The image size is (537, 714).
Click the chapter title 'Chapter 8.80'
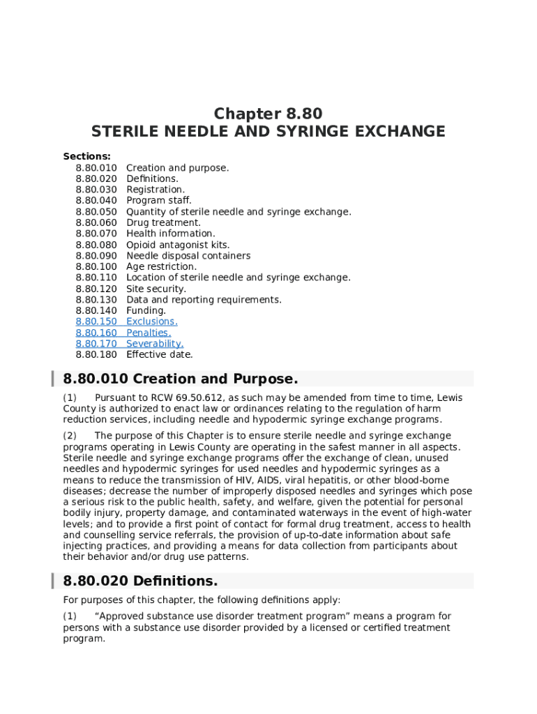click(268, 114)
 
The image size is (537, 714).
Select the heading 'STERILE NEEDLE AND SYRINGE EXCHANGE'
click(268, 131)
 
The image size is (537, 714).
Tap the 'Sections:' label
click(86, 157)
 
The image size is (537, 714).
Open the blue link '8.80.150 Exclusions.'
click(126, 321)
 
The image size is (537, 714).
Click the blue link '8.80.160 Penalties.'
click(123, 333)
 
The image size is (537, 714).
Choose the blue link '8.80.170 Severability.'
click(129, 344)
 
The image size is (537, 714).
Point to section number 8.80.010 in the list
click(96, 168)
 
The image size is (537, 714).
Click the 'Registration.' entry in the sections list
click(156, 190)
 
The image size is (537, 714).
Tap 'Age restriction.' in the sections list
click(161, 266)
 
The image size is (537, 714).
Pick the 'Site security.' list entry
click(156, 289)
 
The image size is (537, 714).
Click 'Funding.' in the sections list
click(146, 310)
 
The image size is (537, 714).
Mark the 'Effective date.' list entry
click(160, 354)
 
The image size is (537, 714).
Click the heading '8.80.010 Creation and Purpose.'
click(181, 379)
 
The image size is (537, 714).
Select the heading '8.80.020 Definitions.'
click(140, 581)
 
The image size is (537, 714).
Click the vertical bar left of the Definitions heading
click(53, 581)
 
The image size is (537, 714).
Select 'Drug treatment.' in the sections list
click(163, 222)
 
